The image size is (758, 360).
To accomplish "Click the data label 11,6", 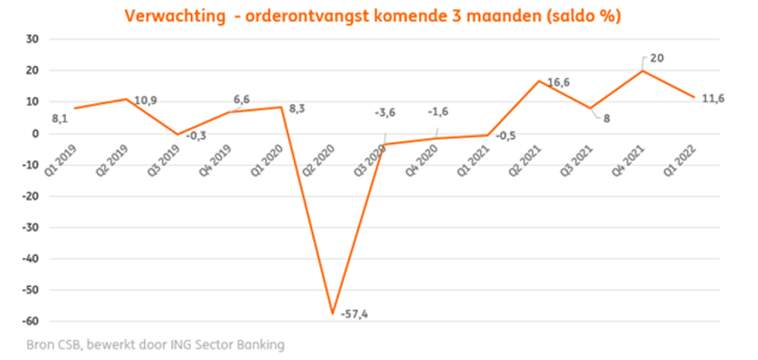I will [x=712, y=99].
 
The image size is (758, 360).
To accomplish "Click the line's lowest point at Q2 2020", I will [x=331, y=313].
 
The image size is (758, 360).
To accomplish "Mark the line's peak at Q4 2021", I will [x=642, y=70].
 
